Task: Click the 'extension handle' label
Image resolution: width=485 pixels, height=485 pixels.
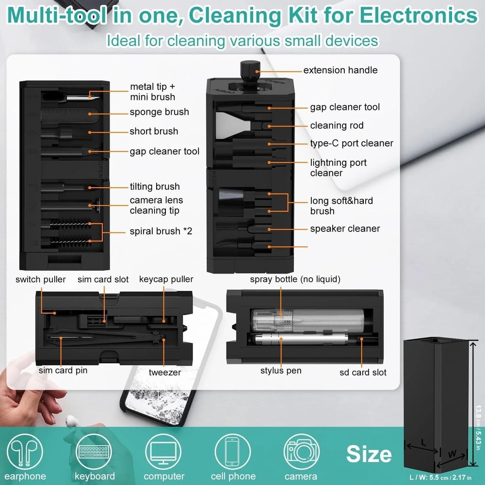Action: point(340,70)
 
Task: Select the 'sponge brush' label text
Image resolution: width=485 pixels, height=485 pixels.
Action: point(159,112)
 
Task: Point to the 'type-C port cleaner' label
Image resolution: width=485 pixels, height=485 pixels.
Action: point(352,143)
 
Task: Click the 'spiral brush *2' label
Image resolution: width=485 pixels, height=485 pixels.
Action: point(161,231)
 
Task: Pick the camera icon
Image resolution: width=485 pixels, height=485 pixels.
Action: point(301,451)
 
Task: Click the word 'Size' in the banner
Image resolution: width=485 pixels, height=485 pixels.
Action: point(369,454)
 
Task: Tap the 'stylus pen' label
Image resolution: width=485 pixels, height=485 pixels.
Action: point(281,371)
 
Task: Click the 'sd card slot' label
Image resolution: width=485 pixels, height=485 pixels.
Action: point(363,372)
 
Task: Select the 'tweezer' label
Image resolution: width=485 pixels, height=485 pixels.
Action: point(165,372)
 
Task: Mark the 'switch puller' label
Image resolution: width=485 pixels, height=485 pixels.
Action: point(41,279)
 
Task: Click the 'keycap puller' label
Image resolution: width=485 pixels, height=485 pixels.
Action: point(166,279)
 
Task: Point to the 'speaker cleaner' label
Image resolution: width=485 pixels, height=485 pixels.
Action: point(345,228)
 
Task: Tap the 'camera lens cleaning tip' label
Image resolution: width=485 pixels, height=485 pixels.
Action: point(156,206)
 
